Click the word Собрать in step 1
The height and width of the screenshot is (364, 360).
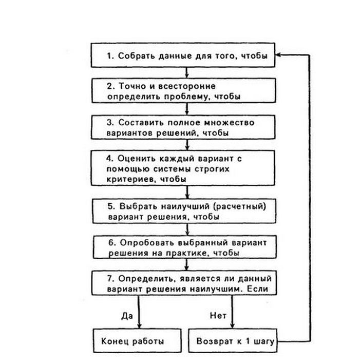136,56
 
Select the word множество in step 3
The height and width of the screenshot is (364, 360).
229,123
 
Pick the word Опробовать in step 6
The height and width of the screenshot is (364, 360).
147,243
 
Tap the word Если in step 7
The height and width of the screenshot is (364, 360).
257,289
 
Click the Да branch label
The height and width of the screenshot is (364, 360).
127,316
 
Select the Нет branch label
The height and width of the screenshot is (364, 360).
218,315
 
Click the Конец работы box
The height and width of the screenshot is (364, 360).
137,340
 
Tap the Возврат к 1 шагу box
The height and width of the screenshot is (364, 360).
233,340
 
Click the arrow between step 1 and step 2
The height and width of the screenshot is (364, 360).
186,73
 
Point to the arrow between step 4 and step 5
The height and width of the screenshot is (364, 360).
187,192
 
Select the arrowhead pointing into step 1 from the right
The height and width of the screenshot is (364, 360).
278,55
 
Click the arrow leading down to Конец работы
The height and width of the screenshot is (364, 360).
139,312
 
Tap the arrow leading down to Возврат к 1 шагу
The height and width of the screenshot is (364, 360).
232,312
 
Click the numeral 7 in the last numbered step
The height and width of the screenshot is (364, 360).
110,279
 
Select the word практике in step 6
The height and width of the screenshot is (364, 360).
186,253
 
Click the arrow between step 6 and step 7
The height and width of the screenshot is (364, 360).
186,264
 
